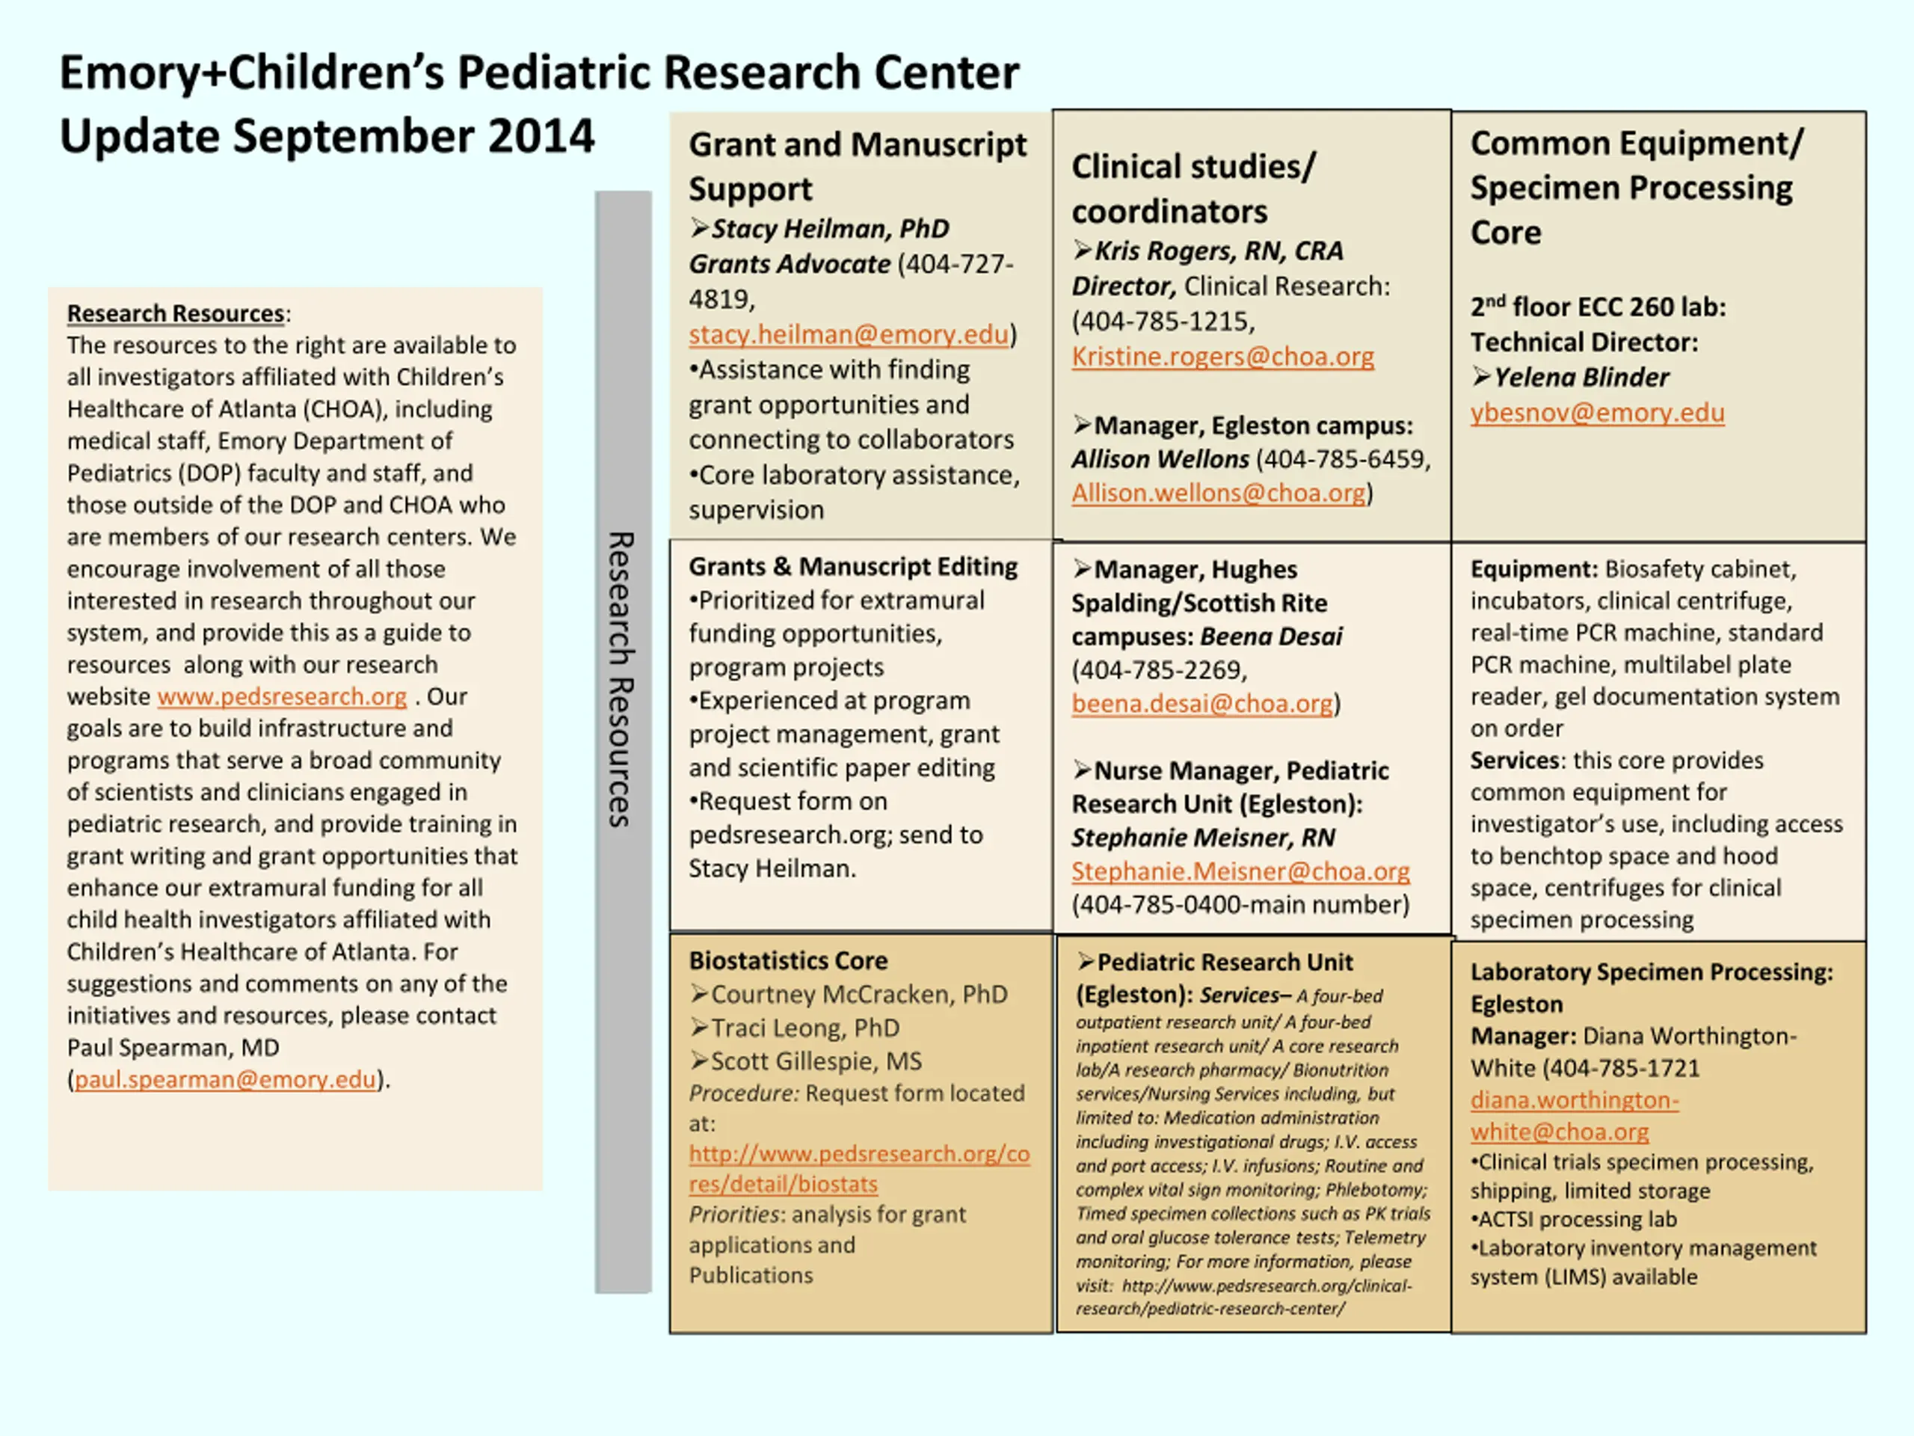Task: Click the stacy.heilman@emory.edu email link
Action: click(848, 335)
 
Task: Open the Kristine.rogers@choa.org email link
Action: click(1222, 357)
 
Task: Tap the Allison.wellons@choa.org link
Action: click(1219, 494)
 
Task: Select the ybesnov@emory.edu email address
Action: click(1596, 413)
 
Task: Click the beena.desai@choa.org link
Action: click(1201, 704)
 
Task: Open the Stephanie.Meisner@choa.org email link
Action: click(1240, 871)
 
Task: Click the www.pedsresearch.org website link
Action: click(281, 697)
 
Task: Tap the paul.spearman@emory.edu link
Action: click(225, 1080)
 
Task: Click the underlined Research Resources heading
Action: click(176, 313)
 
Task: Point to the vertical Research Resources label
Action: click(622, 679)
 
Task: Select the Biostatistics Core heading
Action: click(787, 961)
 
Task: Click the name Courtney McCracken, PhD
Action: click(858, 995)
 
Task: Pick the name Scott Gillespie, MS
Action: click(815, 1061)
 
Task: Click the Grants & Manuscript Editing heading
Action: click(852, 567)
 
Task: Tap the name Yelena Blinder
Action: click(1580, 378)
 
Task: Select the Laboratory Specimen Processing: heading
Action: click(1651, 972)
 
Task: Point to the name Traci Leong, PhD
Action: click(804, 1028)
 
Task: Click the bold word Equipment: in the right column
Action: click(1533, 570)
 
